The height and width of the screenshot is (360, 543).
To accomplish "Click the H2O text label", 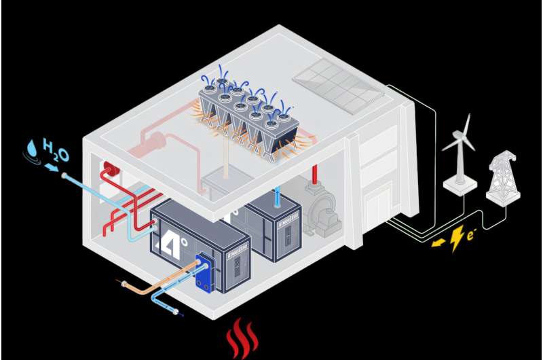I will coord(56,149).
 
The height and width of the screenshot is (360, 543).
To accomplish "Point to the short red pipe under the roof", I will coord(314,171).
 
